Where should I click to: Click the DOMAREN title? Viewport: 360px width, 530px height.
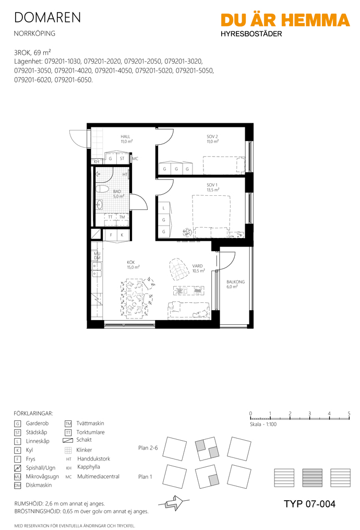[47, 18]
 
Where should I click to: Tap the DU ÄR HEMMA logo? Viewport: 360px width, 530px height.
[285, 20]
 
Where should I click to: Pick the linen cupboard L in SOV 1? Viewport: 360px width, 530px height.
[164, 208]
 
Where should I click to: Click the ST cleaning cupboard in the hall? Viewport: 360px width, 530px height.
[122, 158]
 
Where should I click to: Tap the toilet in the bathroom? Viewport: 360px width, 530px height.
[102, 190]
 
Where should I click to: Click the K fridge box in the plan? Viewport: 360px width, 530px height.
[122, 235]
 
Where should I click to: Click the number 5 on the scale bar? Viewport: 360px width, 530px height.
[349, 413]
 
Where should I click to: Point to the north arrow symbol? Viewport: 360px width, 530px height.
[174, 504]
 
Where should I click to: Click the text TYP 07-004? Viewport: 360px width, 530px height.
[309, 504]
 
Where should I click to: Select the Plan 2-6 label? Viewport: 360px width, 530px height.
[148, 448]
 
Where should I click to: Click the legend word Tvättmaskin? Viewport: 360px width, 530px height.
[90, 423]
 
